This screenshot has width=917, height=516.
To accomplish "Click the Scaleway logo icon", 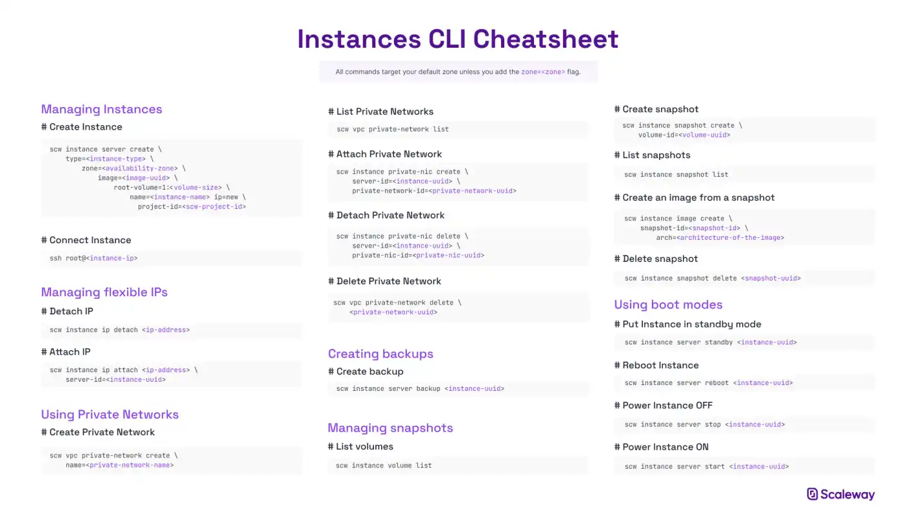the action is coord(812,494).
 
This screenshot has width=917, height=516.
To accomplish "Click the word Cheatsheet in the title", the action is coord(546,39).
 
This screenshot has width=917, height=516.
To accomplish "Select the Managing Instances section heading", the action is coord(101,109).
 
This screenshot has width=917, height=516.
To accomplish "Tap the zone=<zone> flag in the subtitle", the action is coord(543,72).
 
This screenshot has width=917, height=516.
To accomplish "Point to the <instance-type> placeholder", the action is coord(116,159).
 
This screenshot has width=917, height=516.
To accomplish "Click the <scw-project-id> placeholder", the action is coord(214,207).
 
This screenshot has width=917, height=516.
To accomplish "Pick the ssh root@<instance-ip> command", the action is coord(94,259).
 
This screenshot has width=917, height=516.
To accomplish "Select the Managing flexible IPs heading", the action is coord(104,292).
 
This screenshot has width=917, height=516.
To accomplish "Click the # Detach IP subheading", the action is coord(67,312).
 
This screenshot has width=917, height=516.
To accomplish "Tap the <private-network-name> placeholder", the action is coord(130,465).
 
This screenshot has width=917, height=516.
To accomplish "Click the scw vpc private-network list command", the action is coord(393,130).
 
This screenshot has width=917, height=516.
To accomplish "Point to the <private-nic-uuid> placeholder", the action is coord(448,255).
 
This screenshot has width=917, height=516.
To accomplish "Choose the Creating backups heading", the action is coord(380,354).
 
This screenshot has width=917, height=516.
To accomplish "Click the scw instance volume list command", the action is coord(384,466).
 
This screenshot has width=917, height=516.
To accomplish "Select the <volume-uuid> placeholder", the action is coord(705,135).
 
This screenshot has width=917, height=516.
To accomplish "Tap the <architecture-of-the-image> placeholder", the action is coord(731,238).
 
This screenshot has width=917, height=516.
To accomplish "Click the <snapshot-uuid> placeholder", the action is coord(771,279).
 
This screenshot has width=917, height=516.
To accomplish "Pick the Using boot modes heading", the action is coord(668,304).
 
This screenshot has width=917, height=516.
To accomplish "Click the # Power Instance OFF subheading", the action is coord(663,406).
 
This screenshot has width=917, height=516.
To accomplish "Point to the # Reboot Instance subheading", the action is coord(656,365).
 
